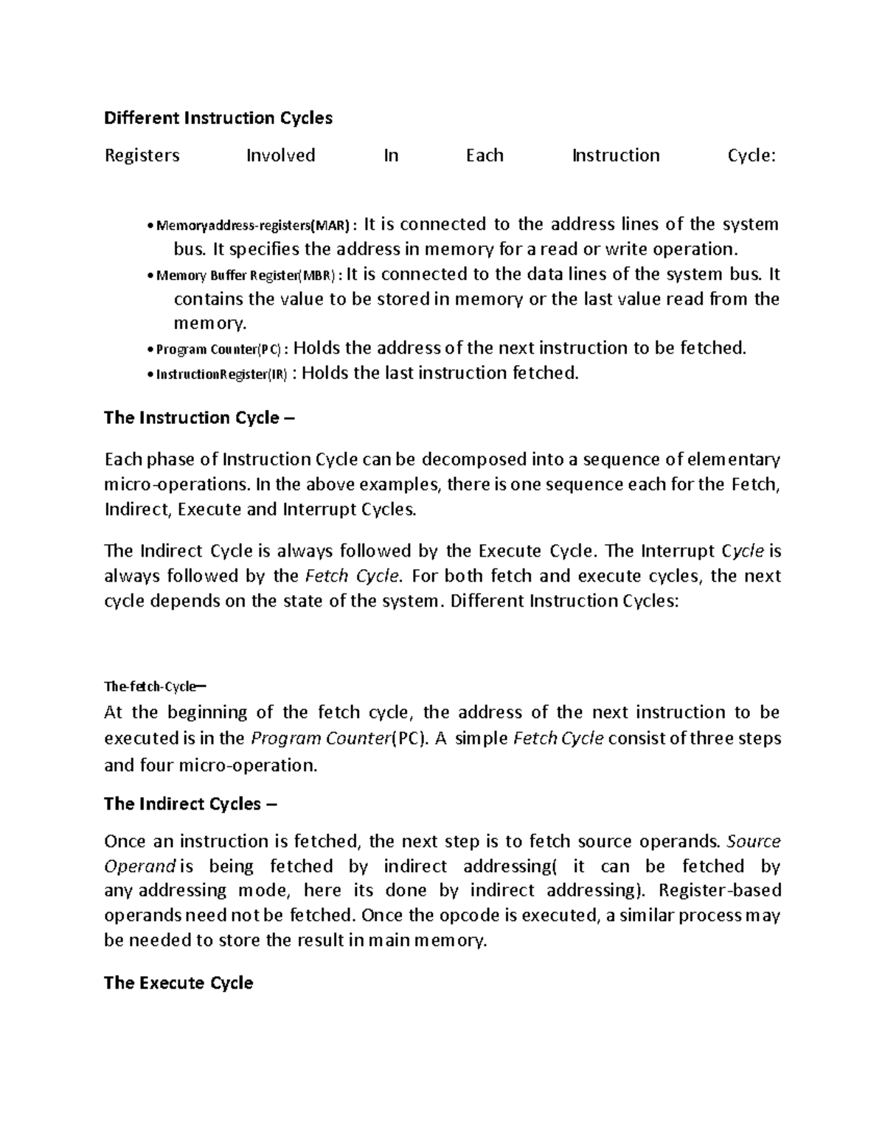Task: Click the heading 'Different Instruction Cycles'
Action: coord(218,118)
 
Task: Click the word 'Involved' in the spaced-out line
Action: coord(280,156)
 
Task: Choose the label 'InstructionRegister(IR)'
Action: coord(221,375)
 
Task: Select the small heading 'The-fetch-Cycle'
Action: coord(151,686)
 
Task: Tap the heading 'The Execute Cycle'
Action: coord(178,983)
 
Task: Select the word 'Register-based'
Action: coord(720,891)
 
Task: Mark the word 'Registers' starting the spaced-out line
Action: coord(142,156)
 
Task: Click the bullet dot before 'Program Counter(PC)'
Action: coord(150,350)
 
